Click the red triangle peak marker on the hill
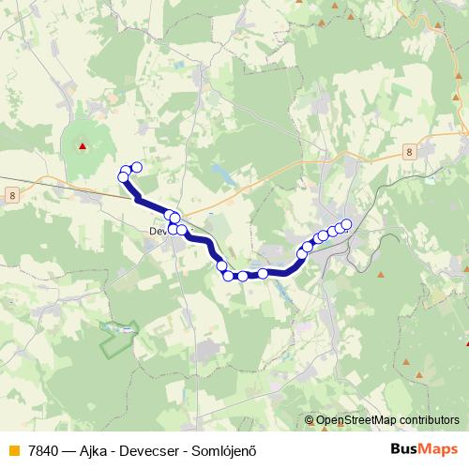(83, 145)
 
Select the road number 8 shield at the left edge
(10, 194)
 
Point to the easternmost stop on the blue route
(346, 223)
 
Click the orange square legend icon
(13, 449)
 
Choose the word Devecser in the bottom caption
(158, 449)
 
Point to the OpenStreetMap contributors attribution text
(387, 420)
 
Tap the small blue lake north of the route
(223, 173)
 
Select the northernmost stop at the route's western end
(136, 167)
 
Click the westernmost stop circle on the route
(122, 177)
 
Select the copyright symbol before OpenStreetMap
(310, 421)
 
